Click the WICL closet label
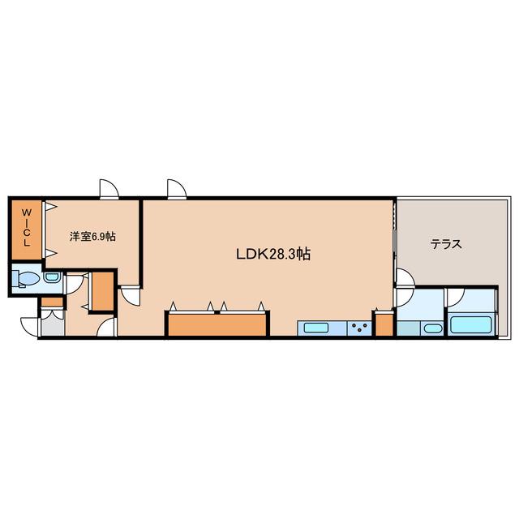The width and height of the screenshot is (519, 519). coord(27,227)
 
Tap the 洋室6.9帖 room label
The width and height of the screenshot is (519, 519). coord(92,236)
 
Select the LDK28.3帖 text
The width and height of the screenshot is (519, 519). coord(273,254)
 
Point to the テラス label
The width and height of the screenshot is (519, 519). coord(446,245)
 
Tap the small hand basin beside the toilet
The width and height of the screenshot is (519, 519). coord(52,277)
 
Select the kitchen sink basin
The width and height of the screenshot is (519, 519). coord(316,328)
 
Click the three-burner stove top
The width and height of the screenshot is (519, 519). coord(359,328)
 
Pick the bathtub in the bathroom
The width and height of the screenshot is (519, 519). coord(470,324)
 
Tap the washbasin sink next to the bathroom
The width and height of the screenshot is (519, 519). coord(433,328)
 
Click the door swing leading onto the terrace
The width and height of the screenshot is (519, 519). coord(405,277)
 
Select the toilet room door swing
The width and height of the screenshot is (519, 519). coord(74,285)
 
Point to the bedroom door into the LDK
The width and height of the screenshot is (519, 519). coord(130,296)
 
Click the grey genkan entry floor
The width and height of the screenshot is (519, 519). coord(53,326)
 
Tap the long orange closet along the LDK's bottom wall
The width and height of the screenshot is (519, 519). coord(217,325)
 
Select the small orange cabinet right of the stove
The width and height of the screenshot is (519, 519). coord(384,324)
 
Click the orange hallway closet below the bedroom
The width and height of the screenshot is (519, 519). coord(103,291)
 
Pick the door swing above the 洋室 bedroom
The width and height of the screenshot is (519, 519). coord(109,189)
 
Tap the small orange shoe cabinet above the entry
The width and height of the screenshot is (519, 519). coord(52,302)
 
